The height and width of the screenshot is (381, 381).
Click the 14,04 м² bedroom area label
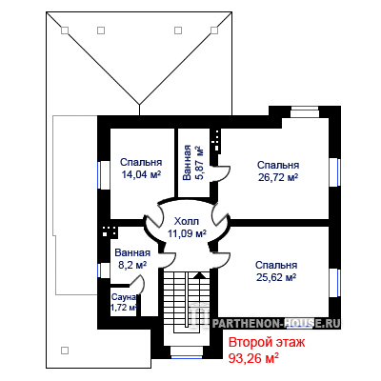click(x=141, y=174)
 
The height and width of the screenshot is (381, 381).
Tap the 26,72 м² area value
click(x=278, y=177)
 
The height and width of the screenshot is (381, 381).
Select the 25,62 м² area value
click(x=276, y=277)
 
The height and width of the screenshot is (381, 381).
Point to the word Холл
click(x=187, y=221)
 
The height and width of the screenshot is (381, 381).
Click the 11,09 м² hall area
click(x=187, y=233)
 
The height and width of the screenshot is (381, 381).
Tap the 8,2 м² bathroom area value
click(x=132, y=265)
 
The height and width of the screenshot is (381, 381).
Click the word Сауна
click(x=124, y=297)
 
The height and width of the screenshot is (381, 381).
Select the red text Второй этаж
click(x=267, y=343)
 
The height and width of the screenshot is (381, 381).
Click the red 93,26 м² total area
click(x=253, y=358)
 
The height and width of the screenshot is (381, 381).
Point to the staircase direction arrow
click(x=199, y=275)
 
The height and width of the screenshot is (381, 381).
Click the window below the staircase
click(x=187, y=352)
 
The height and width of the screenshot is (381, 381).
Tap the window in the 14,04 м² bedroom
click(x=104, y=175)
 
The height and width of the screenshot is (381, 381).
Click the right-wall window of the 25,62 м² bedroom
click(x=334, y=283)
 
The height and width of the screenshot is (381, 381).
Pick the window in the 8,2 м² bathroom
click(x=104, y=271)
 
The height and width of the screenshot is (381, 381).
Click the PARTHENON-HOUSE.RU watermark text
click(x=276, y=323)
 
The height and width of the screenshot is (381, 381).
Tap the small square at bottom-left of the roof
click(x=65, y=351)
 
